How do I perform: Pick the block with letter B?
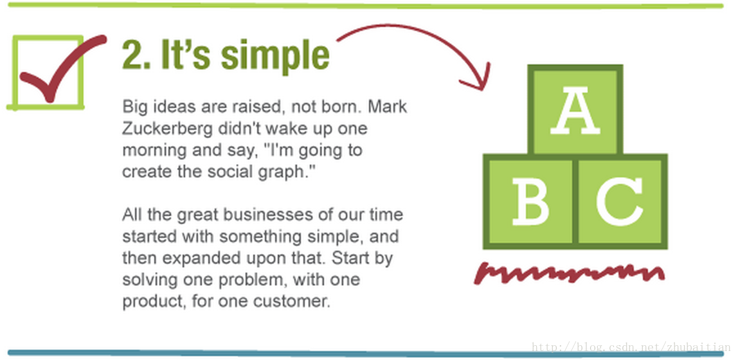pyautogui.click(x=529, y=201)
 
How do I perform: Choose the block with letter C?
pyautogui.click(x=621, y=201)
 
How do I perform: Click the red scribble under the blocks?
pyautogui.click(x=570, y=273)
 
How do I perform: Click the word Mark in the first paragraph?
pyautogui.click(x=388, y=107)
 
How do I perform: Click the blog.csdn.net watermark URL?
pyautogui.click(x=631, y=347)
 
